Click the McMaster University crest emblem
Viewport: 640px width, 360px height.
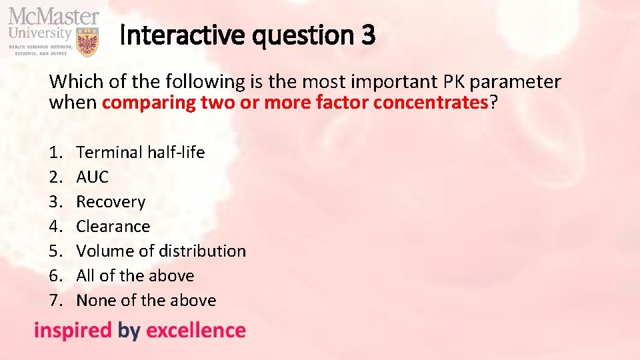[x=88, y=42]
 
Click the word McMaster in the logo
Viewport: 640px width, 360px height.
[x=53, y=17]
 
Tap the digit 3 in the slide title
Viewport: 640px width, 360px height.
[x=369, y=35]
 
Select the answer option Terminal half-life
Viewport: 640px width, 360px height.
[x=141, y=152]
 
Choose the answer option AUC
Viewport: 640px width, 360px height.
[x=93, y=177]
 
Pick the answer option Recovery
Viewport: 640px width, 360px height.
[x=111, y=201]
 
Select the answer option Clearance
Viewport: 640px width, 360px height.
[x=113, y=226]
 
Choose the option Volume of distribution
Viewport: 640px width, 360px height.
[x=161, y=251]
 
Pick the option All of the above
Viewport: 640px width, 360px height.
[x=135, y=275]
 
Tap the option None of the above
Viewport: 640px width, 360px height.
[x=146, y=300]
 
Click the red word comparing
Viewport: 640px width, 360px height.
[x=148, y=103]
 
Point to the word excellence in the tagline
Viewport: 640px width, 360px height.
[x=196, y=330]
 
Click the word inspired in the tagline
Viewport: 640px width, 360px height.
[x=73, y=331]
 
